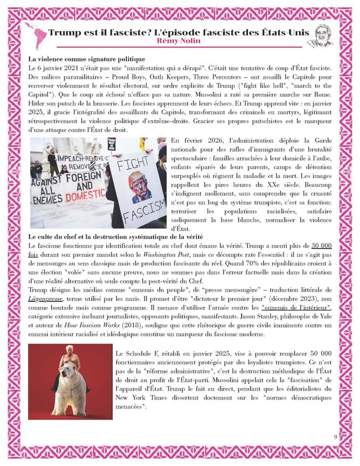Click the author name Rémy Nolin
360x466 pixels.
coord(179,42)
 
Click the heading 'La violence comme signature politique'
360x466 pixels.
coord(87,58)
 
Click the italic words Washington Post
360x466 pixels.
coord(153,254)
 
